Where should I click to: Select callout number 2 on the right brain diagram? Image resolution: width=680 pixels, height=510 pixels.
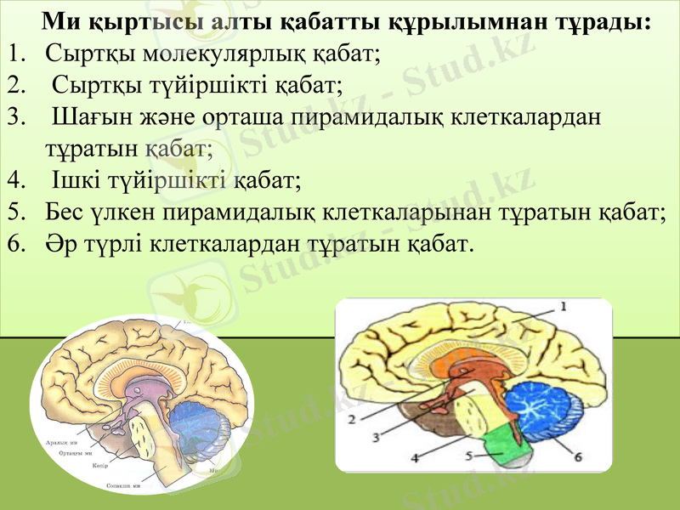pyautogui.click(x=351, y=418)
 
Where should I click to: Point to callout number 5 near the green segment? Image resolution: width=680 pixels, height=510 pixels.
pyautogui.click(x=469, y=456)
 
